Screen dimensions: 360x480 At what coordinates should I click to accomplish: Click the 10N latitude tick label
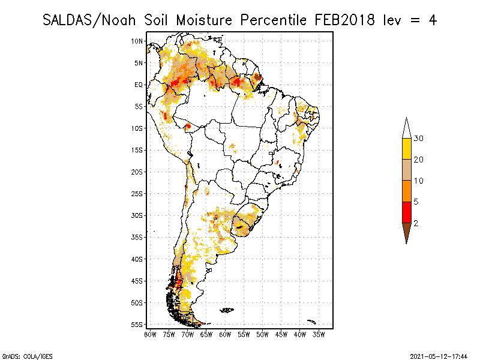137,41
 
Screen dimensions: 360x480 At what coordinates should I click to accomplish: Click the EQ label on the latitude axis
139,85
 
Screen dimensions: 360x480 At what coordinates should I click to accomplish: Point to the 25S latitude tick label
137,193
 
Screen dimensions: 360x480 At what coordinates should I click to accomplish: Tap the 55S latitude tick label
137,325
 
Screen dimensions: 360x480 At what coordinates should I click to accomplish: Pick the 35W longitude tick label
319,334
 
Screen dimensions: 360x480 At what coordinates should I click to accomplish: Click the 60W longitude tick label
225,334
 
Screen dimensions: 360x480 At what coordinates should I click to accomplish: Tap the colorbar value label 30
418,139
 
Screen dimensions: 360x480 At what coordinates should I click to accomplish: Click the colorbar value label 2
416,223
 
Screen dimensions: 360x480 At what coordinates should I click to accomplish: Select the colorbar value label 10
418,181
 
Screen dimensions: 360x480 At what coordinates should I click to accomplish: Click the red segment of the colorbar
406,212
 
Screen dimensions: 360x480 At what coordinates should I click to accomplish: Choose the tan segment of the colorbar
406,170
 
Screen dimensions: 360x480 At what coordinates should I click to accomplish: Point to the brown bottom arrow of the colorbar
406,232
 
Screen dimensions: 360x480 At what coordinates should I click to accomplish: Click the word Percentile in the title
275,20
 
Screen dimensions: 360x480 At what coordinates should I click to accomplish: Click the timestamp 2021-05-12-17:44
439,355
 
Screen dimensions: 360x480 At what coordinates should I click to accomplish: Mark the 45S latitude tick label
137,281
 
